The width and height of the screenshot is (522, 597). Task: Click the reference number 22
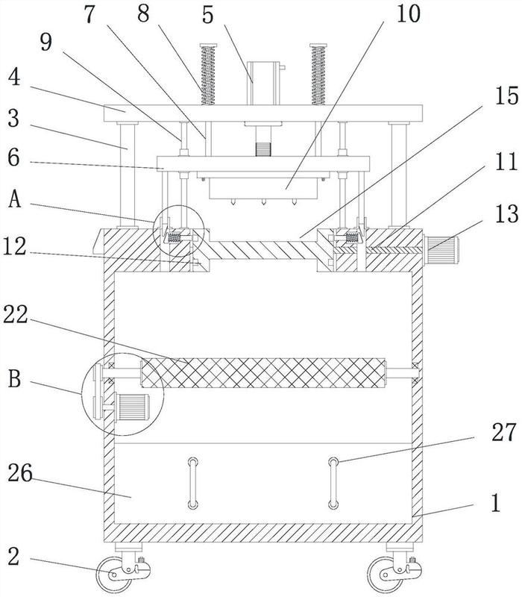[15, 316]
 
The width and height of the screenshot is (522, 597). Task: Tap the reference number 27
[504, 433]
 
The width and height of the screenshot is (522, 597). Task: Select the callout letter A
[15, 199]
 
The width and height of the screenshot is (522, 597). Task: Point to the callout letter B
[15, 379]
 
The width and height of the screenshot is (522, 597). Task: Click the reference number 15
[506, 96]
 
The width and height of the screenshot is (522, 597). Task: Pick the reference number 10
[409, 13]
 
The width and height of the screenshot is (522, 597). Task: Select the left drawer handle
[193, 484]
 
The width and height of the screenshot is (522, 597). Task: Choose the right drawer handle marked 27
[333, 484]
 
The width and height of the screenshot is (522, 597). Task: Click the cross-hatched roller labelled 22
[263, 372]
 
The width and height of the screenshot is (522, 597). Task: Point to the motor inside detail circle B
[132, 407]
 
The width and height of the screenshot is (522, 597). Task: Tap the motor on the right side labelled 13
[441, 250]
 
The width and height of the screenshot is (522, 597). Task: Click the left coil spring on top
[208, 74]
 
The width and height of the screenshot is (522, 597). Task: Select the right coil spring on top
[318, 74]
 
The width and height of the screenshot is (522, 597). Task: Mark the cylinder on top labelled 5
[264, 84]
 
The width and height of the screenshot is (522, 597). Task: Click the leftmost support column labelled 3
[127, 175]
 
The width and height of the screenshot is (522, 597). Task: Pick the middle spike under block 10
[263, 202]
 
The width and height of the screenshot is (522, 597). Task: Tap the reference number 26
[20, 474]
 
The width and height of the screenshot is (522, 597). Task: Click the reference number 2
[13, 557]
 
